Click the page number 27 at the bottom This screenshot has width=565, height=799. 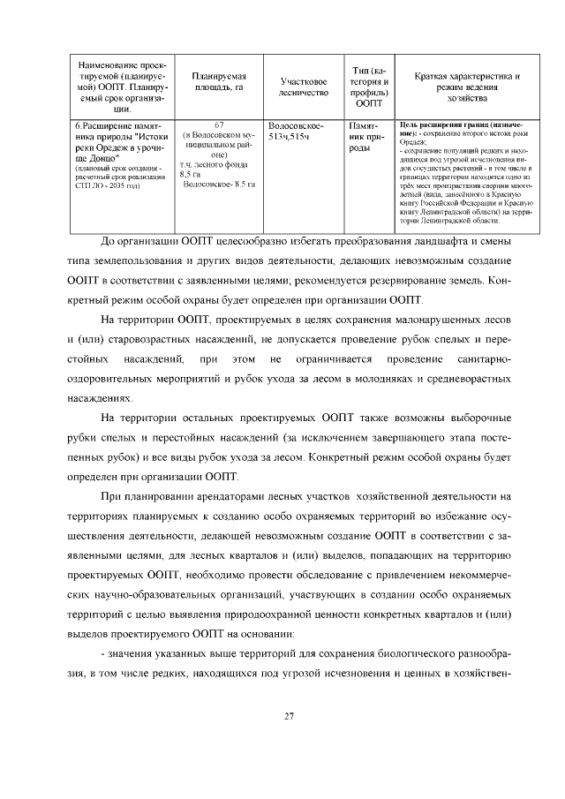(289, 716)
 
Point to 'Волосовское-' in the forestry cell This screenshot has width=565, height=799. (296, 125)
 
